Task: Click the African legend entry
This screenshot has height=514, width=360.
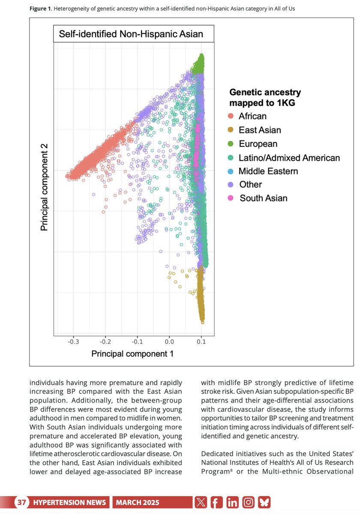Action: (252, 116)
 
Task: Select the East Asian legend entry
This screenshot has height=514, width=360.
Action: (260, 130)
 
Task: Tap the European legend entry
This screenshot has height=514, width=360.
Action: (258, 144)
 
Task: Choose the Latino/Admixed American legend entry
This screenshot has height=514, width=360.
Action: (289, 158)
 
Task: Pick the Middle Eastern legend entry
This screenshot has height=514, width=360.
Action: (268, 171)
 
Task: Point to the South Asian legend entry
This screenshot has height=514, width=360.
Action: (263, 198)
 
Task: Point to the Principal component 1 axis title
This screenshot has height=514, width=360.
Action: (132, 353)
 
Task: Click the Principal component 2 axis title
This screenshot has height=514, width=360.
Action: (44, 187)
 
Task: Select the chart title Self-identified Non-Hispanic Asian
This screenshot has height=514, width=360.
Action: (131, 34)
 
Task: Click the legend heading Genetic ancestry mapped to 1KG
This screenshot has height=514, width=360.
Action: (265, 97)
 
